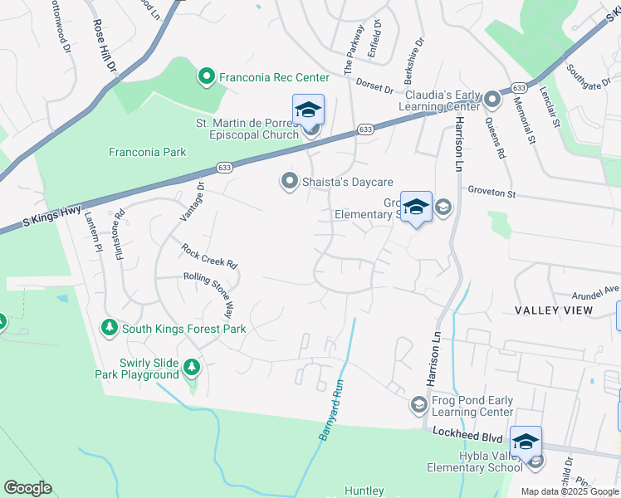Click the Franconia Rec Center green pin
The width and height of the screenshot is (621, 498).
click(x=206, y=78)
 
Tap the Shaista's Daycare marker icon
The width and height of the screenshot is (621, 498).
click(x=289, y=181)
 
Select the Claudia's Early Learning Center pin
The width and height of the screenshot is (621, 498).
click(x=492, y=100)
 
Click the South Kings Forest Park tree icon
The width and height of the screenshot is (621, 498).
click(x=110, y=329)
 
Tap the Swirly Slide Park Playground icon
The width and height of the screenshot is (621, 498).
click(x=192, y=367)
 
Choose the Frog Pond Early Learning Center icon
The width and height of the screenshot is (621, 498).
click(x=418, y=405)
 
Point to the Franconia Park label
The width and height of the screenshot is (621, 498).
click(x=148, y=152)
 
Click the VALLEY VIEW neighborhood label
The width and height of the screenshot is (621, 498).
click(x=554, y=310)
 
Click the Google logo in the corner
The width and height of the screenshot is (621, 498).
click(x=27, y=488)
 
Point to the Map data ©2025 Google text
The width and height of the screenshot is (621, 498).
click(x=569, y=491)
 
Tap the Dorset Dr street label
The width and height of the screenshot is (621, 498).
click(x=374, y=85)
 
